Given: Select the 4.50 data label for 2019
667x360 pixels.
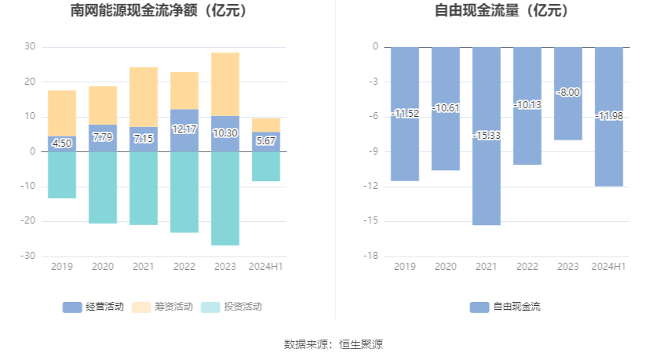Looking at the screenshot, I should pos(62,144).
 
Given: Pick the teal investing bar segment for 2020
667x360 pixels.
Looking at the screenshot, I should pos(103,187).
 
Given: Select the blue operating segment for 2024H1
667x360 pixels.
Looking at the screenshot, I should pos(266,142).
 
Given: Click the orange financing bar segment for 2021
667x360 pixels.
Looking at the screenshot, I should pos(144,96).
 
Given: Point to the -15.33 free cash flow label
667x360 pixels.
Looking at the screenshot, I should pos(487,136).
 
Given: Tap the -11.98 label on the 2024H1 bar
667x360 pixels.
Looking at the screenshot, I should pos(609,116).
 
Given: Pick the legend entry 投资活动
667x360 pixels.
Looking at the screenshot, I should pos(231,307).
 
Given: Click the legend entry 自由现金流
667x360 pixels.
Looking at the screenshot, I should pos(505,307).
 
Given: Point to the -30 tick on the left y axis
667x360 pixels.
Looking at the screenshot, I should pos(29,256).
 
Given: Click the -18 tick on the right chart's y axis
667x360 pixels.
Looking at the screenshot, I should pos(371,256).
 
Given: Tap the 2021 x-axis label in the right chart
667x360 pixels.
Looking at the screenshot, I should pos(487,267).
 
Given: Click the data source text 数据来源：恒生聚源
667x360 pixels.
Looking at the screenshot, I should pos(333,344).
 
